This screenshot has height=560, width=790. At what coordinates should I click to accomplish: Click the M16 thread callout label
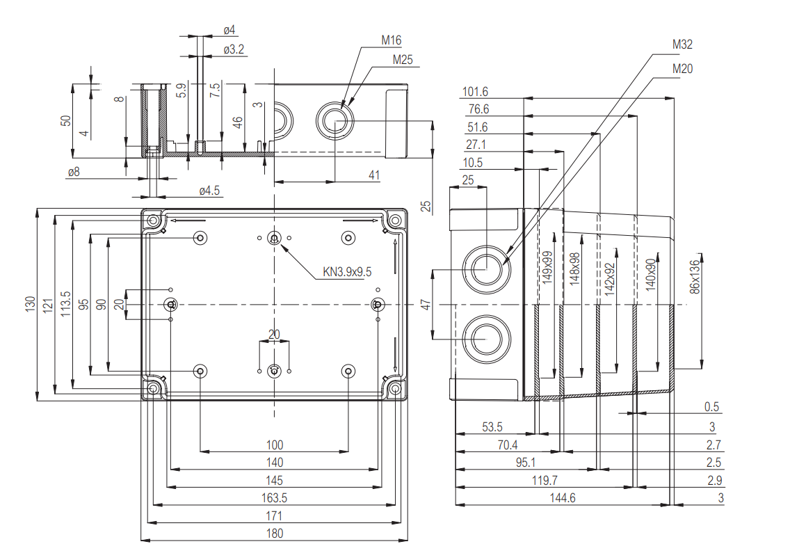[x=391, y=41]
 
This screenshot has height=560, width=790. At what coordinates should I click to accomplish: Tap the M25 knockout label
[x=402, y=60]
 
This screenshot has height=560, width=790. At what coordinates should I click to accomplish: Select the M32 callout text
[x=682, y=45]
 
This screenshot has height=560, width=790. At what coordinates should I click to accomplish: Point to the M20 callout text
[x=682, y=68]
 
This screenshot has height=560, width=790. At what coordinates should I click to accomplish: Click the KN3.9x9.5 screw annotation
[x=347, y=272]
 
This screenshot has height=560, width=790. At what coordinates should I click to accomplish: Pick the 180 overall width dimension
[x=275, y=534]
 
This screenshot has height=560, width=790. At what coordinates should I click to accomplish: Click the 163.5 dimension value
[x=275, y=498]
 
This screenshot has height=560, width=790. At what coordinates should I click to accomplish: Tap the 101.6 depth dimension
[x=475, y=92]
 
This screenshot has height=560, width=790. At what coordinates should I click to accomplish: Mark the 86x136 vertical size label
[x=694, y=278]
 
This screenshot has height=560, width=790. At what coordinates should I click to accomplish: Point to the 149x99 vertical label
[x=548, y=268]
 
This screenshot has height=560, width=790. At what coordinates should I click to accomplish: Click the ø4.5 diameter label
[x=209, y=191]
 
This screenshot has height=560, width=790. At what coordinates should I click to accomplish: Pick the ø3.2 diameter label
[x=233, y=49]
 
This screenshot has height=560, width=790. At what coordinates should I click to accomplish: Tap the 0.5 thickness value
[x=711, y=407]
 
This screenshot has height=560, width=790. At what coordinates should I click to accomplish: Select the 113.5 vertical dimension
[x=65, y=304]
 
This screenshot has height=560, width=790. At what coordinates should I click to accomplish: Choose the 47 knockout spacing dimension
[x=424, y=304]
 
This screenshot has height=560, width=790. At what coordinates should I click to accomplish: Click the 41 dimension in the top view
[x=374, y=176]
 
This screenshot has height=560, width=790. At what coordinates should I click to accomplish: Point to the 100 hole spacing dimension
[x=275, y=445]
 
